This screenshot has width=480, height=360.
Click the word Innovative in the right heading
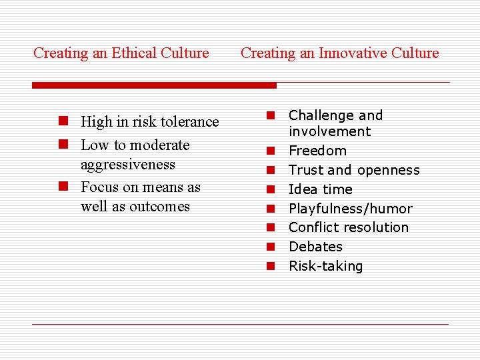[349, 53]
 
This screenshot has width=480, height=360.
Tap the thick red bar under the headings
[154, 85]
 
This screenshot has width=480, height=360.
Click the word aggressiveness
[128, 165]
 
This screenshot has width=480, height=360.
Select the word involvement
[329, 132]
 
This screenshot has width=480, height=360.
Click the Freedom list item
[317, 151]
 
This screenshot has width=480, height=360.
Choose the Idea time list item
[320, 189]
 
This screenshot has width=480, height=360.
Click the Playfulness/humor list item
[350, 209]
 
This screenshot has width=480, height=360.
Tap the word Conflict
[311, 227]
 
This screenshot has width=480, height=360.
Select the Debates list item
[315, 247]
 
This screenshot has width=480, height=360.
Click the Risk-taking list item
[325, 266]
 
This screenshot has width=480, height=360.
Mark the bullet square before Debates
[271, 247]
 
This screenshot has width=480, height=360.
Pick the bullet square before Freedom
[271, 151]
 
